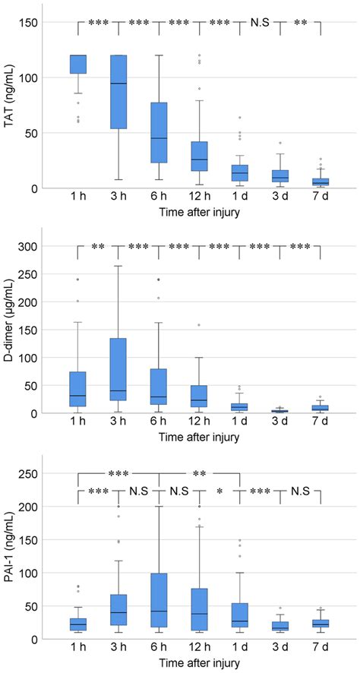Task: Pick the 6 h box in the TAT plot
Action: pyautogui.click(x=159, y=133)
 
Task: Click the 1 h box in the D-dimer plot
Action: pyautogui.click(x=78, y=389)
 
